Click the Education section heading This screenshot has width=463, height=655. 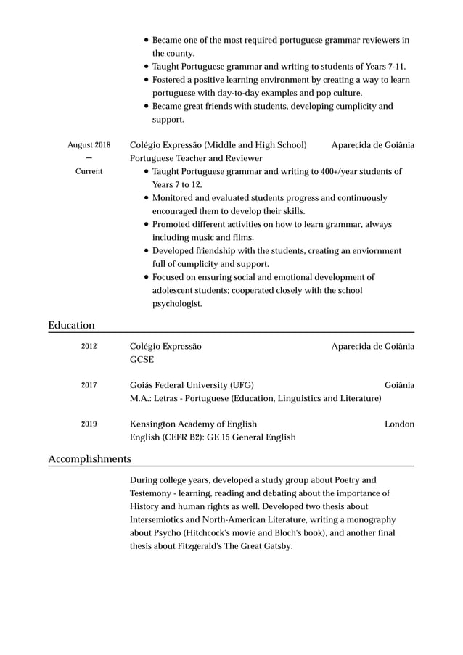tap(71, 325)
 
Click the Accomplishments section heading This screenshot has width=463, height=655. tap(89, 458)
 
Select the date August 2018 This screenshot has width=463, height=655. tap(89, 145)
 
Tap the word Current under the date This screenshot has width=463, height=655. tap(89, 171)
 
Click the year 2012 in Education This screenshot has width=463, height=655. tap(89, 347)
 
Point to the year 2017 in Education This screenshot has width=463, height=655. tap(89, 385)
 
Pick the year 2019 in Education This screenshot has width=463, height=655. tap(89, 424)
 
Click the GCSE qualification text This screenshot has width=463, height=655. tap(141, 359)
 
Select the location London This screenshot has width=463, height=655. tap(399, 424)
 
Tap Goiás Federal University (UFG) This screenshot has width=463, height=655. tap(192, 385)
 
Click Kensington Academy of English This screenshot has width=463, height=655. tap(193, 424)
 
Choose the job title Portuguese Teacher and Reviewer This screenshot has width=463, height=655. tap(196, 158)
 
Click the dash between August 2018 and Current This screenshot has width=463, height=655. tap(89, 158)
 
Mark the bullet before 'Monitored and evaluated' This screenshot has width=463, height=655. tap(147, 198)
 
